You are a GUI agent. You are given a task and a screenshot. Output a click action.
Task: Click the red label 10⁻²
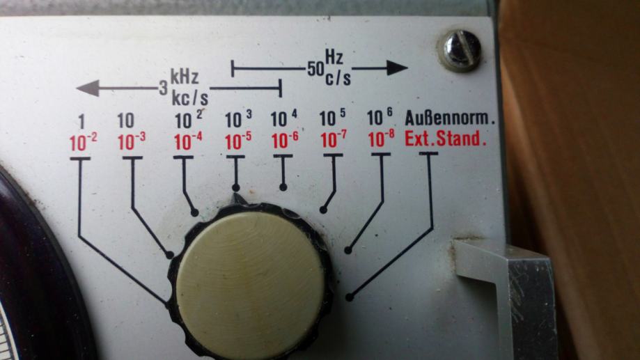coord(83,142)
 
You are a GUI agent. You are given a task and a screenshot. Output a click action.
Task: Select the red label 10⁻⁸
coord(380,139)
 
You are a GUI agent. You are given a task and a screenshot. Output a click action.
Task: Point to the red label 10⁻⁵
coord(237,141)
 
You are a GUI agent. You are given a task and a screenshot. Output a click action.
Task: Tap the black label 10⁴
coord(283,117)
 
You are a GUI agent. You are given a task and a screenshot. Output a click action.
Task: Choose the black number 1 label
coord(81,119)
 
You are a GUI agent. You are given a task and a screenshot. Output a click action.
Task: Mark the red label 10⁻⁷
coord(332,141)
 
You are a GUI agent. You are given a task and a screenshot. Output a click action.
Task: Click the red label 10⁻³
coord(132,142)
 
